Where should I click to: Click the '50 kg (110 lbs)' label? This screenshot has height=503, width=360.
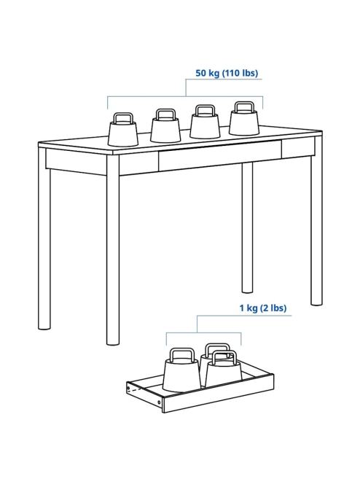(x=227, y=73)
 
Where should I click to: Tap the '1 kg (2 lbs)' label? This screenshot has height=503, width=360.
(x=263, y=308)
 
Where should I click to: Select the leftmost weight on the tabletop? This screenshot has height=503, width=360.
(x=123, y=129)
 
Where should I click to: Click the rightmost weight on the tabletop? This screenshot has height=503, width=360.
(x=244, y=118)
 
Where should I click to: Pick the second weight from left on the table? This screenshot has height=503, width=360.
(x=165, y=125)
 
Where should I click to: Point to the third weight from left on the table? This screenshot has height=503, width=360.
(x=205, y=122)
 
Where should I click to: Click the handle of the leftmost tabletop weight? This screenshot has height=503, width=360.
(x=123, y=117)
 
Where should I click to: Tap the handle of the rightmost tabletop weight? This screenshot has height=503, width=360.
(x=244, y=107)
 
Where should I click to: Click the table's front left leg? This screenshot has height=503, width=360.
(x=113, y=249)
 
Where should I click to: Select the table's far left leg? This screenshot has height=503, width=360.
(x=44, y=239)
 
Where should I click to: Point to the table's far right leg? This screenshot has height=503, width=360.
(x=316, y=221)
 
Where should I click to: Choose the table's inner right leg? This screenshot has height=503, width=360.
(x=247, y=227)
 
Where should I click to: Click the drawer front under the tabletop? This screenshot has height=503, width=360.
(x=220, y=155)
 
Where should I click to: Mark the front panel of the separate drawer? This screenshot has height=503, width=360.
(x=218, y=394)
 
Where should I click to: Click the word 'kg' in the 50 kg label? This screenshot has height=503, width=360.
(x=214, y=74)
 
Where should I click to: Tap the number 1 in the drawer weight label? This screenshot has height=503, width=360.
(x=243, y=308)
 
